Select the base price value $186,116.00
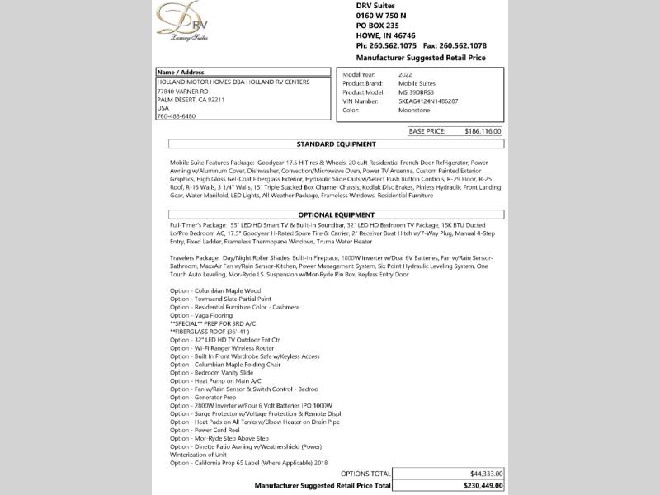point(483,131)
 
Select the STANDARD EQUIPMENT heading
point(336,144)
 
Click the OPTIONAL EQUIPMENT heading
point(336,214)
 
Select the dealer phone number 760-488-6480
point(176,116)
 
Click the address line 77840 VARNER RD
point(184,92)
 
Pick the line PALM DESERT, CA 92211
point(191,100)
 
